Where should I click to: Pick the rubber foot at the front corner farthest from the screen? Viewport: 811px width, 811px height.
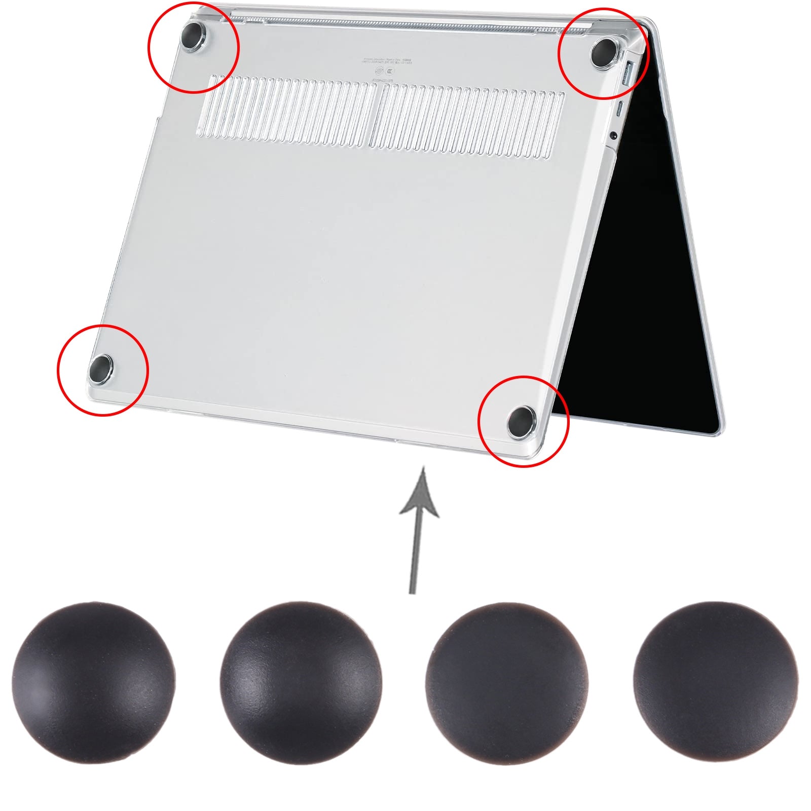tap(100, 368)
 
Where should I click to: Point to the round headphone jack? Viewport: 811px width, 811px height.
tap(613, 135)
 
